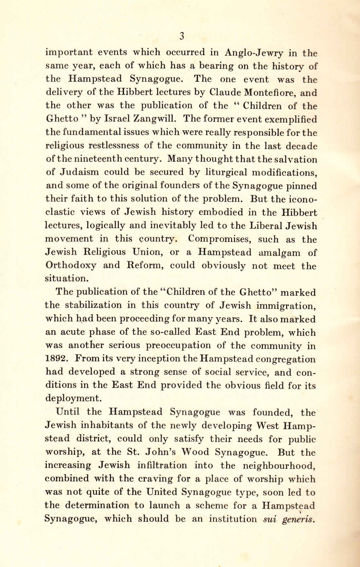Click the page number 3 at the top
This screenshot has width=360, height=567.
pos(182,36)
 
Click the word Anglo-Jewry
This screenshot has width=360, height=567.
pos(254,53)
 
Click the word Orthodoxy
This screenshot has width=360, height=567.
pos(71,265)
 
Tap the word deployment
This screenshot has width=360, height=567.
pos(72,398)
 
